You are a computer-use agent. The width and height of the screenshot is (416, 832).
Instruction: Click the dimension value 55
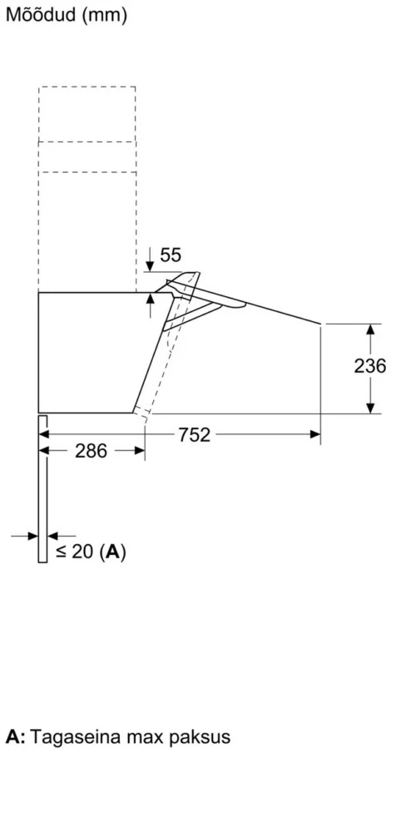[x=171, y=255]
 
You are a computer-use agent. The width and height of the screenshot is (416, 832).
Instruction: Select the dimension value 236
[x=370, y=365]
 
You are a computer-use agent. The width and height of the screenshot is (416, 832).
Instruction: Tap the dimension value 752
[x=194, y=435]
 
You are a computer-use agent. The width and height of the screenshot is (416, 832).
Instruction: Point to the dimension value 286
[x=91, y=451]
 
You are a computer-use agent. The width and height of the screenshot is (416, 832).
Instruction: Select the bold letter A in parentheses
[x=112, y=552]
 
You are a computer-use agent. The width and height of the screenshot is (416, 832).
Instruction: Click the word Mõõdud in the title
[x=41, y=14]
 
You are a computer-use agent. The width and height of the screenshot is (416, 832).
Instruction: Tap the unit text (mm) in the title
[x=105, y=15]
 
